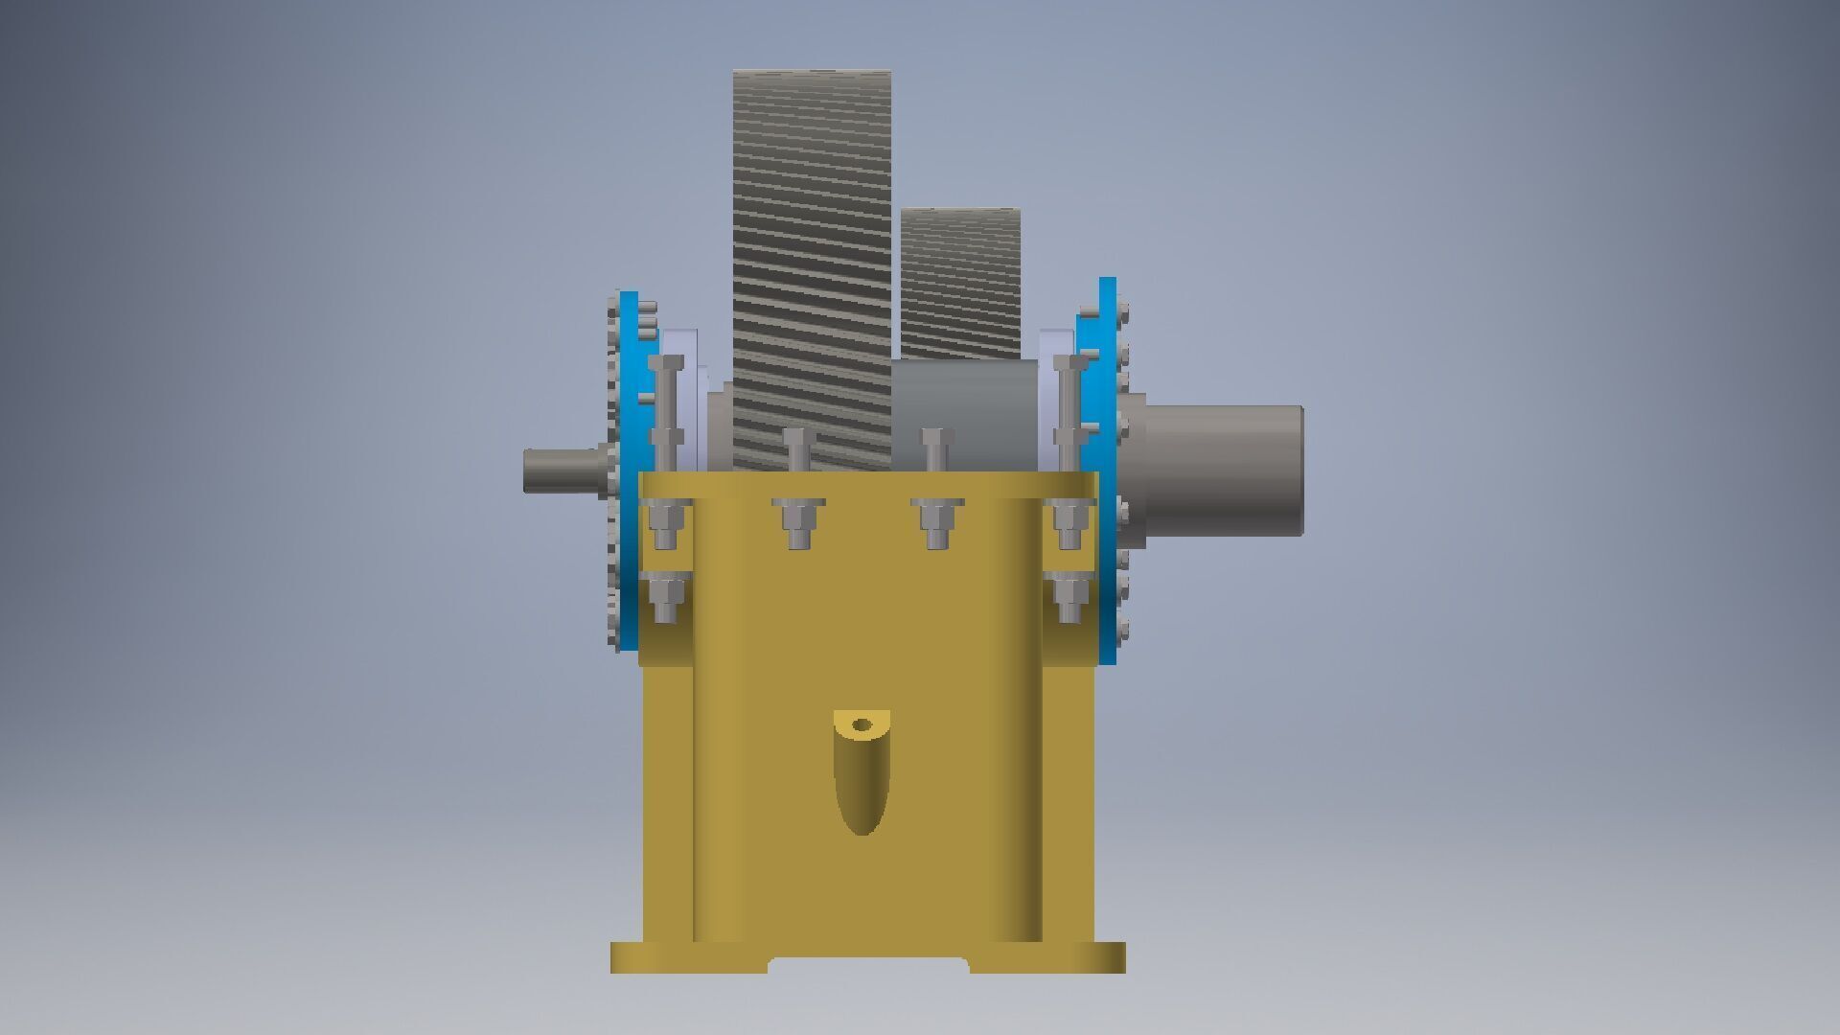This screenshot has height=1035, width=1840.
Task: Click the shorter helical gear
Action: [960, 283]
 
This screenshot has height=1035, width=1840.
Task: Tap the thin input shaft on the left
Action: [561, 470]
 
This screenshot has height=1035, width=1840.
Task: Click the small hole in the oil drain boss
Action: [862, 725]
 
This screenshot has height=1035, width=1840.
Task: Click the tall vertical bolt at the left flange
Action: [666, 412]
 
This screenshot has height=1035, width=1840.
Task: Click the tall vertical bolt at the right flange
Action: [1069, 412]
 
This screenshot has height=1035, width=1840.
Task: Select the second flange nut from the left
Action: [798, 522]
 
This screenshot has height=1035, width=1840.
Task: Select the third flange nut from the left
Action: [937, 522]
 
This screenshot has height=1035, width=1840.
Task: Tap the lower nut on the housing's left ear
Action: [665, 599]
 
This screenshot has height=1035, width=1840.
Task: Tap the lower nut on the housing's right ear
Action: [1069, 599]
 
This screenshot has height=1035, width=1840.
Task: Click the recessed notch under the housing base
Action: [867, 965]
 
